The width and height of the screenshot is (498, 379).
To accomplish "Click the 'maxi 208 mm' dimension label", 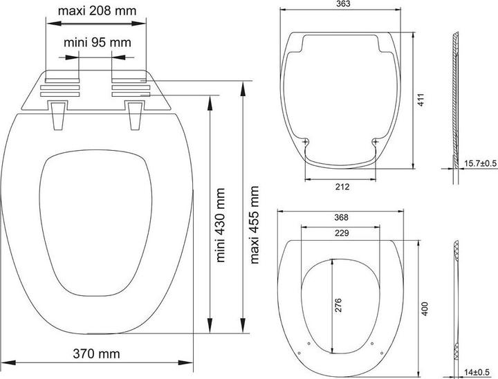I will click(x=97, y=11).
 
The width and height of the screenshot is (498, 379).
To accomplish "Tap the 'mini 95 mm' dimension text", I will click(x=97, y=43).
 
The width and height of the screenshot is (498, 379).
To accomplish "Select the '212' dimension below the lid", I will click(x=340, y=187).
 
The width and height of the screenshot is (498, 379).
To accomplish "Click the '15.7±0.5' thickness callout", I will click(x=480, y=163).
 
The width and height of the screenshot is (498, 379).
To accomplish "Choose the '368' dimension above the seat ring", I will click(x=340, y=217).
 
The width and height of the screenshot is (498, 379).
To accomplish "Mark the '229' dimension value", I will click(x=340, y=233).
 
